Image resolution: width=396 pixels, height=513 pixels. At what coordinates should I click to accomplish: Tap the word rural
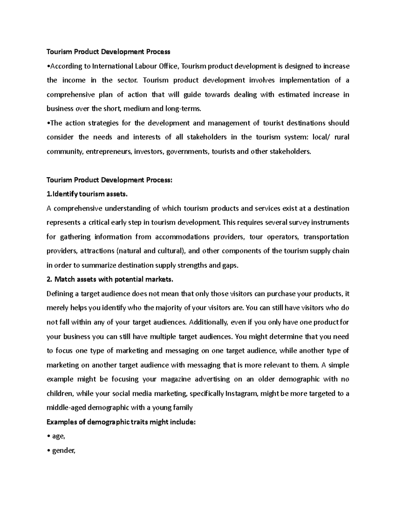tap(342, 137)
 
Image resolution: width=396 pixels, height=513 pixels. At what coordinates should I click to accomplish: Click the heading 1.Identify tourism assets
tap(87, 194)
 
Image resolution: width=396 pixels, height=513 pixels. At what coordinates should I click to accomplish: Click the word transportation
tap(326, 237)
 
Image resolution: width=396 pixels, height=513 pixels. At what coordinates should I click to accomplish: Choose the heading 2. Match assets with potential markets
tap(110, 279)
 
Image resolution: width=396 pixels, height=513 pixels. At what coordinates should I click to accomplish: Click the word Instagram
tap(241, 393)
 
